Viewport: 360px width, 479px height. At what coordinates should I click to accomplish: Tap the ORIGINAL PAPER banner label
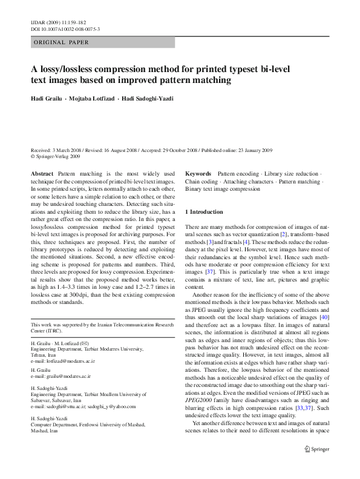(x=61, y=43)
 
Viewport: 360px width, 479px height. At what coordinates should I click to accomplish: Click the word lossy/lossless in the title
(x=61, y=69)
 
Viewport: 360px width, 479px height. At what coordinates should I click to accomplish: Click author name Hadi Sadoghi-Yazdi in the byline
(x=146, y=99)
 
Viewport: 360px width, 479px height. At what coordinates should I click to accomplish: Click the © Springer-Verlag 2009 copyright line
(x=55, y=156)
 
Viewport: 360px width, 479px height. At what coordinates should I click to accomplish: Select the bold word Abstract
(x=42, y=173)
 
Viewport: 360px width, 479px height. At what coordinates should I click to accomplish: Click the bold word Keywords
(x=198, y=173)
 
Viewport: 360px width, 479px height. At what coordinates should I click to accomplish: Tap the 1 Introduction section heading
(x=204, y=211)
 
